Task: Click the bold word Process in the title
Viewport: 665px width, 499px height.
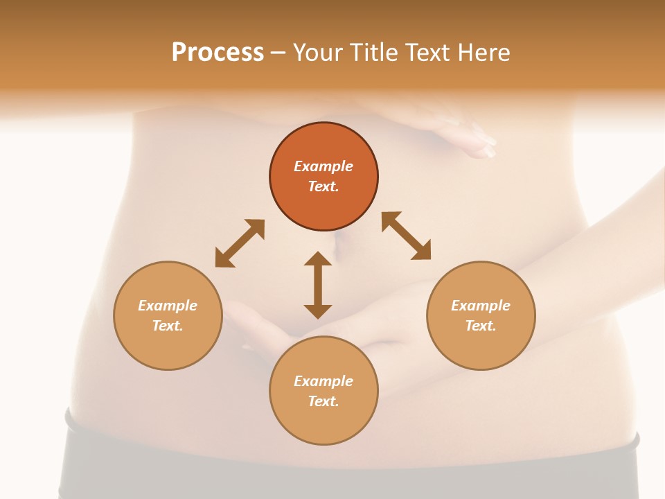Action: click(x=218, y=53)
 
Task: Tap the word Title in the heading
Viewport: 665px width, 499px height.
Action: click(x=374, y=53)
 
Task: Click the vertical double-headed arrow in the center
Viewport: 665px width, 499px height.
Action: click(x=318, y=286)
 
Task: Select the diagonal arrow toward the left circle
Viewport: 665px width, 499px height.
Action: click(x=240, y=243)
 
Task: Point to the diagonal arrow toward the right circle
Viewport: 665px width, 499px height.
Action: click(x=407, y=236)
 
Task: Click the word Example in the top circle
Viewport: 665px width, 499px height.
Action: click(x=323, y=166)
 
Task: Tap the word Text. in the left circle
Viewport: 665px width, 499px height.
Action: click(x=168, y=326)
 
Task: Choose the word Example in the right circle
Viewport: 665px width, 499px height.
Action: click(x=481, y=306)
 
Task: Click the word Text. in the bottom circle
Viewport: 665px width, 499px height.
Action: click(x=323, y=401)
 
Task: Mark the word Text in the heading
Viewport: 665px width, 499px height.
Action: click(x=427, y=53)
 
